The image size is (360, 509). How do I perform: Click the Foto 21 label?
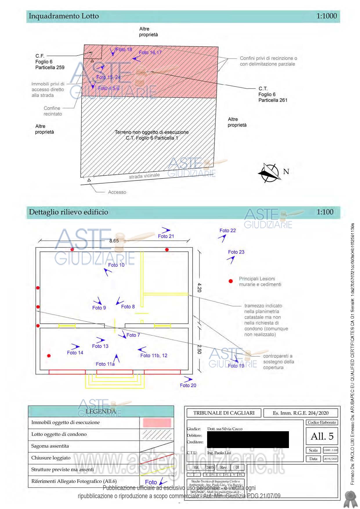coord(166,236)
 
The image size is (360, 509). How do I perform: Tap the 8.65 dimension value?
coord(114,241)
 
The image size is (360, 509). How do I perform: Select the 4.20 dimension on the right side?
coord(199,287)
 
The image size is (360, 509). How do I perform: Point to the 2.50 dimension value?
coord(199,349)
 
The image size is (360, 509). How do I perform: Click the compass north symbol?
coord(270,173)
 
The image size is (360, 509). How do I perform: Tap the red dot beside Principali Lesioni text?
coord(231,281)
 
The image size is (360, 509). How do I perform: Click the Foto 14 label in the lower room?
coord(75,353)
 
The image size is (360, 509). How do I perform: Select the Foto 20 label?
coord(188,385)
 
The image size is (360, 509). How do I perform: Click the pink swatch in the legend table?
coord(157,423)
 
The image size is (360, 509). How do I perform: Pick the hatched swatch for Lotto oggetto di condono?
coord(157,434)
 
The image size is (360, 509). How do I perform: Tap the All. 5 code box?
coord(322,436)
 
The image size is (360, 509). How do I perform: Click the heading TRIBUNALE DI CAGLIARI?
coord(224,413)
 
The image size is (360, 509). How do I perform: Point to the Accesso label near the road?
coord(117,192)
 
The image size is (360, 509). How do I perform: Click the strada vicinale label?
coord(144,176)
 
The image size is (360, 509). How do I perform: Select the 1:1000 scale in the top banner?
coord(327,16)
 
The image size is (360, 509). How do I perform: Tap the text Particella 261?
coord(273,100)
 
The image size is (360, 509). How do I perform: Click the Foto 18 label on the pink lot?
coord(124,50)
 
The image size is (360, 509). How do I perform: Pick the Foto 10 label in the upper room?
coord(116,265)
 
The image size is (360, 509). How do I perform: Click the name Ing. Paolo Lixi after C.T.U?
coord(219,453)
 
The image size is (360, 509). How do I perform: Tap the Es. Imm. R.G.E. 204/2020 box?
coord(301,413)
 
